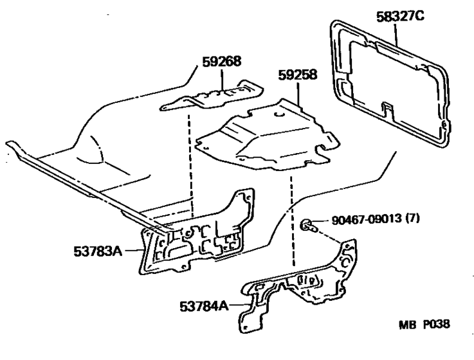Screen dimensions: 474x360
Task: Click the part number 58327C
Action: click(x=400, y=16)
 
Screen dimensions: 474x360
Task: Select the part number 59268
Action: click(x=222, y=61)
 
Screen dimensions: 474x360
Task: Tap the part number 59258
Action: click(x=298, y=75)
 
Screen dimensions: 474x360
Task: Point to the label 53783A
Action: click(x=98, y=251)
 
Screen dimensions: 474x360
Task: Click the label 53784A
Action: click(x=204, y=306)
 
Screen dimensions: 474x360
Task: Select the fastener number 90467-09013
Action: click(x=367, y=219)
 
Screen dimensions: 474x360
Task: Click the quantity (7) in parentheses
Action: click(x=412, y=218)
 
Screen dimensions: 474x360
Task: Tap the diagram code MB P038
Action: click(x=424, y=325)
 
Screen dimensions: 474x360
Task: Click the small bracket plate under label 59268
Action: click(x=212, y=96)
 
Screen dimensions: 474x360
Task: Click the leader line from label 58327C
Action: click(x=396, y=34)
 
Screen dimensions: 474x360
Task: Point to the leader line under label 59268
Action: click(x=222, y=80)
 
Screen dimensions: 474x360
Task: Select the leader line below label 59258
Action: click(x=298, y=94)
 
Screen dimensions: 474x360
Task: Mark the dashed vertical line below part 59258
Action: click(x=292, y=221)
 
